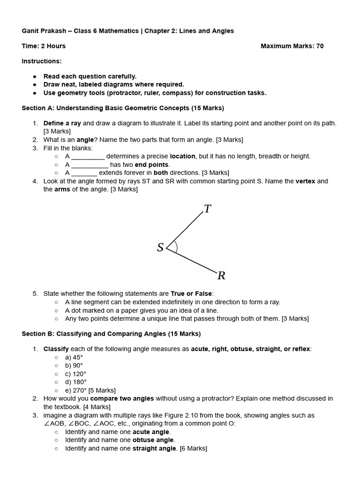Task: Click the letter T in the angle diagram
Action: coord(208,209)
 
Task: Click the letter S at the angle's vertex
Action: coord(160,247)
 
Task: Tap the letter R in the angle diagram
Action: coord(221,276)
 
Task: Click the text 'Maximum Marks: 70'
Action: coord(292,46)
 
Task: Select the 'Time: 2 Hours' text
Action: coord(44,46)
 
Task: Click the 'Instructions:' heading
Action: coord(42,61)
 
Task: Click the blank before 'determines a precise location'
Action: coord(88,157)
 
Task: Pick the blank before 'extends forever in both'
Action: coord(84,173)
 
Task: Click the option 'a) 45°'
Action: coord(74,357)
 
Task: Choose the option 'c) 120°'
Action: coord(76,374)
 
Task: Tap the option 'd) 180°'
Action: coord(76,382)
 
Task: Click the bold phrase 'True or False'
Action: coord(191,294)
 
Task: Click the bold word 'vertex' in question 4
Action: coord(305,181)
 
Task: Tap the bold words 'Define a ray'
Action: coord(62,123)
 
